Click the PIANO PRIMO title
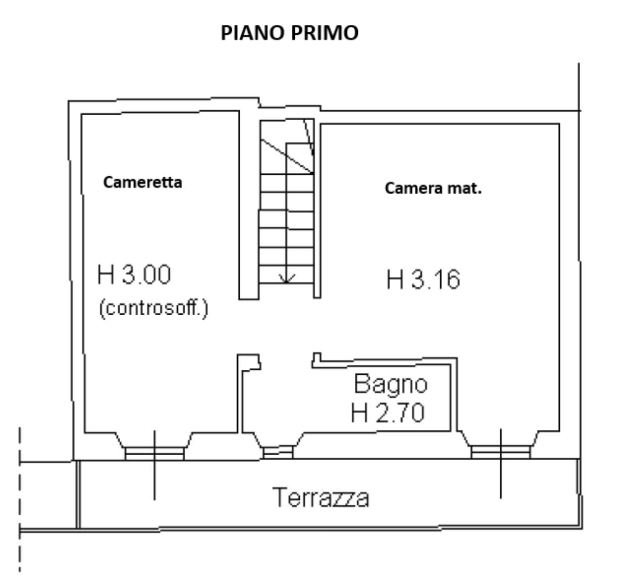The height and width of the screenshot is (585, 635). click(289, 33)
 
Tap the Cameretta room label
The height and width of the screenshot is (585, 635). click(142, 182)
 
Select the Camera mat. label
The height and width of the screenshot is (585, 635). click(433, 188)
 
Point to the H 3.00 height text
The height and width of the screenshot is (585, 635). click(134, 274)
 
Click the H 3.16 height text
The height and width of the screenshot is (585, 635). click(423, 279)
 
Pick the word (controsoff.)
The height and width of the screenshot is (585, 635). click(154, 308)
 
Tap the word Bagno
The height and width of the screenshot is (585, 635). click(391, 384)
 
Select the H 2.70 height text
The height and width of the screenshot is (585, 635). click(388, 412)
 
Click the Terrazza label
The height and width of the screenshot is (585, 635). click(321, 498)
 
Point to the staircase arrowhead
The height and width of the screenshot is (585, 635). click(287, 278)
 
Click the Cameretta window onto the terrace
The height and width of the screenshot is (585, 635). click(154, 453)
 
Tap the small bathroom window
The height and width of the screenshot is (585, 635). click(278, 453)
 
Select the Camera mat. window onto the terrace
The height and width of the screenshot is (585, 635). click(501, 452)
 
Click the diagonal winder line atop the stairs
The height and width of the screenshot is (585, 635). click(287, 156)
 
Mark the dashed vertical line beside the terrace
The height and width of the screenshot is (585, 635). click(20, 499)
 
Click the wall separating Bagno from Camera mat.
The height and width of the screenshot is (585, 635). click(454, 395)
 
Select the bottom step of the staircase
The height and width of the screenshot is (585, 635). click(286, 274)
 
